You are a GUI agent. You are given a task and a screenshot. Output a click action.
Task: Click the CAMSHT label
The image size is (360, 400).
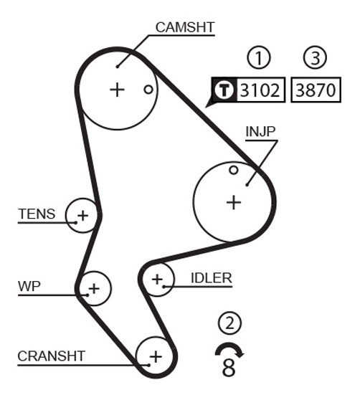pyautogui.click(x=185, y=27)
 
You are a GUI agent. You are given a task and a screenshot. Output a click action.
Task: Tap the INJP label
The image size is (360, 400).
pyautogui.click(x=260, y=132)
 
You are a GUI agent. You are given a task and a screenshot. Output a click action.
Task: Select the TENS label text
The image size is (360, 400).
pyautogui.click(x=37, y=214)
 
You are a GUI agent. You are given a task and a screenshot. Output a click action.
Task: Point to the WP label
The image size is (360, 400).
pyautogui.click(x=29, y=286)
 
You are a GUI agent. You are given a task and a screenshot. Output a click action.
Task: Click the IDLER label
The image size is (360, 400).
pyautogui.click(x=212, y=278)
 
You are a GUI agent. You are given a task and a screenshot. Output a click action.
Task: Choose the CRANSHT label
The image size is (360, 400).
pyautogui.click(x=52, y=356)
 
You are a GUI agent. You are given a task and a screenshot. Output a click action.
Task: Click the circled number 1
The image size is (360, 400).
pyautogui.click(x=259, y=57)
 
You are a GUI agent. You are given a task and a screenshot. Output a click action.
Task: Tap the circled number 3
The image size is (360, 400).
pyautogui.click(x=315, y=57)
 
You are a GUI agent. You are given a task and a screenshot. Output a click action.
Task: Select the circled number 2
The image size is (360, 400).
pyautogui.click(x=229, y=323)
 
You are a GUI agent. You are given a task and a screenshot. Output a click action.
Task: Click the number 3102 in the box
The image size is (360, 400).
pyautogui.click(x=260, y=90)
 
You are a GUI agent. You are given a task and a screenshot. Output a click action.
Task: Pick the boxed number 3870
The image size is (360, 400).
pyautogui.click(x=316, y=90)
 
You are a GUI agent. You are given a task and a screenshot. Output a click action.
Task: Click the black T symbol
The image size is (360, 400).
pyautogui.click(x=224, y=90)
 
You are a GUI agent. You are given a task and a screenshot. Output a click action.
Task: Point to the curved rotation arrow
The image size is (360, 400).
pyautogui.click(x=229, y=346)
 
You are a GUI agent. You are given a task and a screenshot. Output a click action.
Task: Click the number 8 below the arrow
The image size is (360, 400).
pyautogui.click(x=229, y=368)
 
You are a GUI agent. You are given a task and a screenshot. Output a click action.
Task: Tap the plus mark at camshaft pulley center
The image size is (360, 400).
pyautogui.click(x=117, y=90)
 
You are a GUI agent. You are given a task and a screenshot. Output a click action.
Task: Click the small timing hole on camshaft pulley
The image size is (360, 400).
pyautogui.click(x=148, y=90)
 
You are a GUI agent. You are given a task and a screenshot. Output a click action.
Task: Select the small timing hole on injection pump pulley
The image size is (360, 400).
pyautogui.click(x=234, y=170)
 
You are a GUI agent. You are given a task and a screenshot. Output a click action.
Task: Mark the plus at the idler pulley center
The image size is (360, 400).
pyautogui.click(x=158, y=279)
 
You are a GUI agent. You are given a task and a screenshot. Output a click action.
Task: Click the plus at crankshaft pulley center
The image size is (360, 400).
pyautogui.click(x=156, y=356)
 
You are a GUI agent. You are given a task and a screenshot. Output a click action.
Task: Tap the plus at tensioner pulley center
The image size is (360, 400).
pyautogui.click(x=82, y=216)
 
